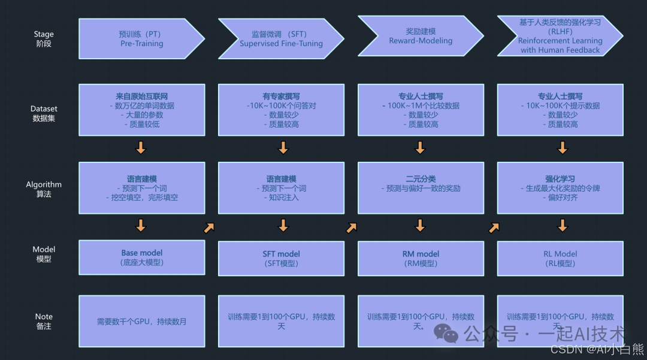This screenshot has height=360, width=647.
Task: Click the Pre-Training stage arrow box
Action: (x=141, y=39)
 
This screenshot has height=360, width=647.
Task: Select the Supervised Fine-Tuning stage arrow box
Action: (x=281, y=39)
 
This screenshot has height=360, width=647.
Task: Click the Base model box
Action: (x=142, y=257)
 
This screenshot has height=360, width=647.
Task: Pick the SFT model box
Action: (x=281, y=258)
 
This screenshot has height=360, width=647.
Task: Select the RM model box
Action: (x=421, y=258)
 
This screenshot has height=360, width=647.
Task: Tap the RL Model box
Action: (x=560, y=258)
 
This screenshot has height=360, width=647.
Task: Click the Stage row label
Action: (x=44, y=39)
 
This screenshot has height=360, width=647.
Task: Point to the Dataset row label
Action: (x=44, y=113)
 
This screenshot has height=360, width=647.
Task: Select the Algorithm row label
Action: (x=44, y=189)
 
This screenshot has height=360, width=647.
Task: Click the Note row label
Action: (x=44, y=321)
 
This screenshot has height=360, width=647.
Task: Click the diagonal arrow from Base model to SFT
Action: (x=209, y=227)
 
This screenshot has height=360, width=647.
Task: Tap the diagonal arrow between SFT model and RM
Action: (x=352, y=227)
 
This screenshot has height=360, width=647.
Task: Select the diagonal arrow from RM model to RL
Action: (x=494, y=227)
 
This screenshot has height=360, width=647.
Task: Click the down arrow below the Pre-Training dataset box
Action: (x=141, y=147)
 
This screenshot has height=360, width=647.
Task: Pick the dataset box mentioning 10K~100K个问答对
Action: (x=281, y=110)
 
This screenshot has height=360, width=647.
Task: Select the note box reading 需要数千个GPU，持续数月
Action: (x=142, y=321)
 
